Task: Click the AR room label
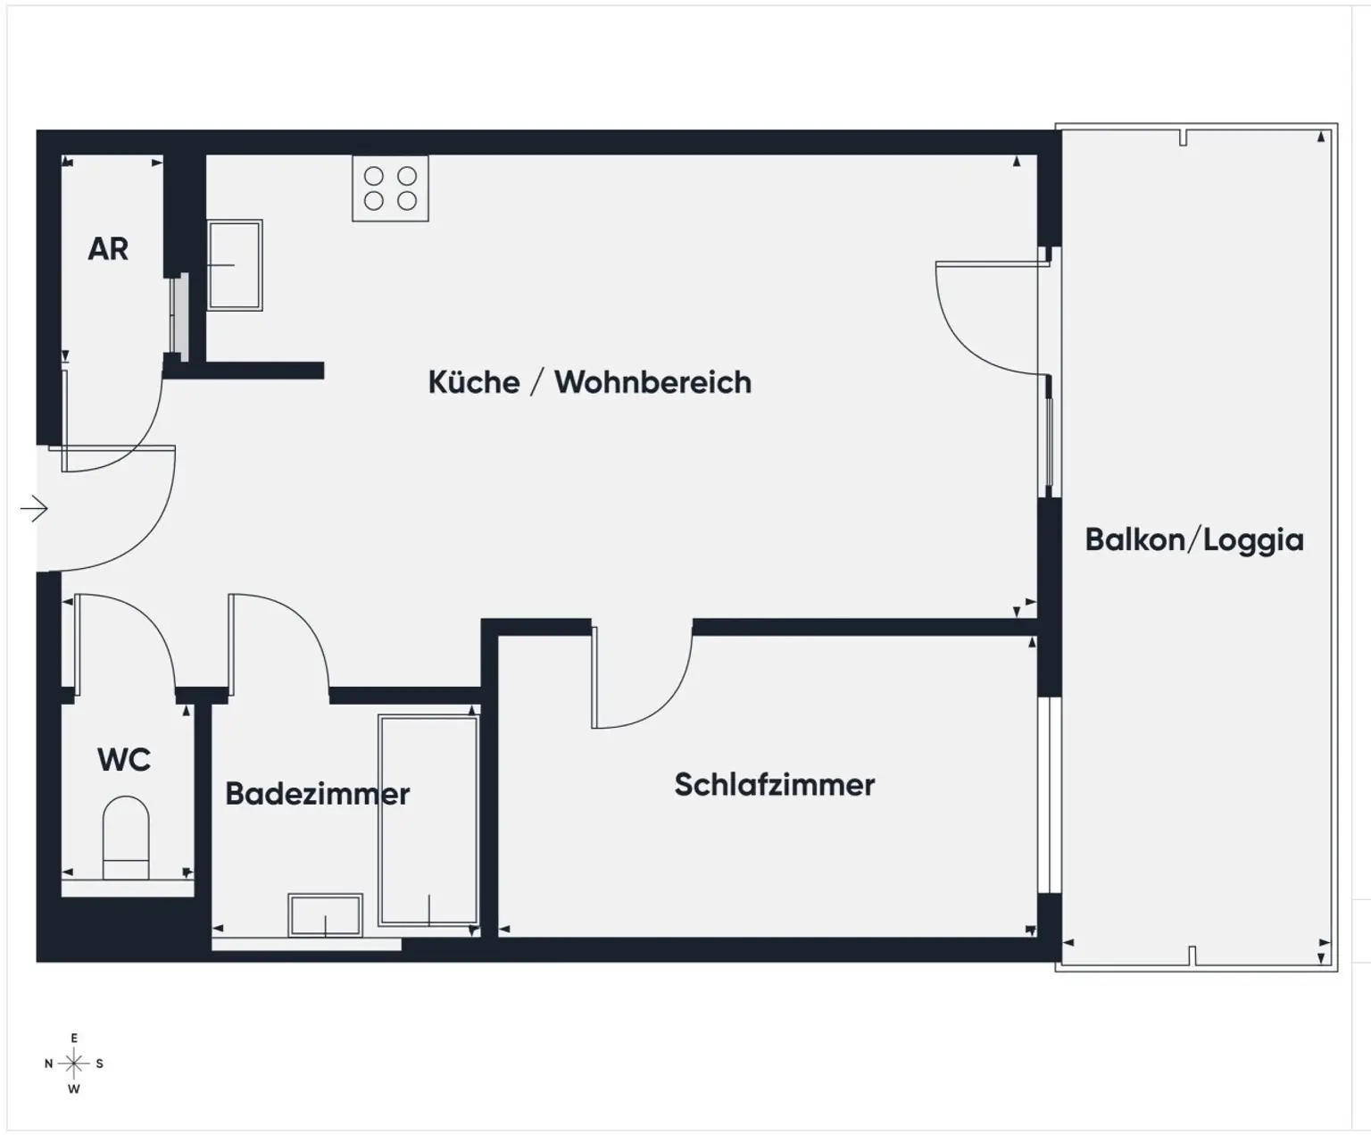[x=108, y=249]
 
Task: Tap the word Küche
[x=474, y=382]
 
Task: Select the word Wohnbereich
[x=652, y=382]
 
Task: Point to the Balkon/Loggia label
[x=1193, y=540]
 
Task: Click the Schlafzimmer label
[x=774, y=785]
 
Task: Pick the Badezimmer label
[x=317, y=794]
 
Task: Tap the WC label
[x=124, y=760]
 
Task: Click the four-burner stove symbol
[x=390, y=188]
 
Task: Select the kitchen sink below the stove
[x=235, y=265]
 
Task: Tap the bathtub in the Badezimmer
[x=428, y=820]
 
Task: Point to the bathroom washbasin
[x=325, y=914]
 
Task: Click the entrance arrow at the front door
[x=34, y=509]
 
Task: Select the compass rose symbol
[x=74, y=1064]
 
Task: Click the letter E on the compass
[x=74, y=1039]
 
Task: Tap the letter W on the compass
[x=74, y=1089]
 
